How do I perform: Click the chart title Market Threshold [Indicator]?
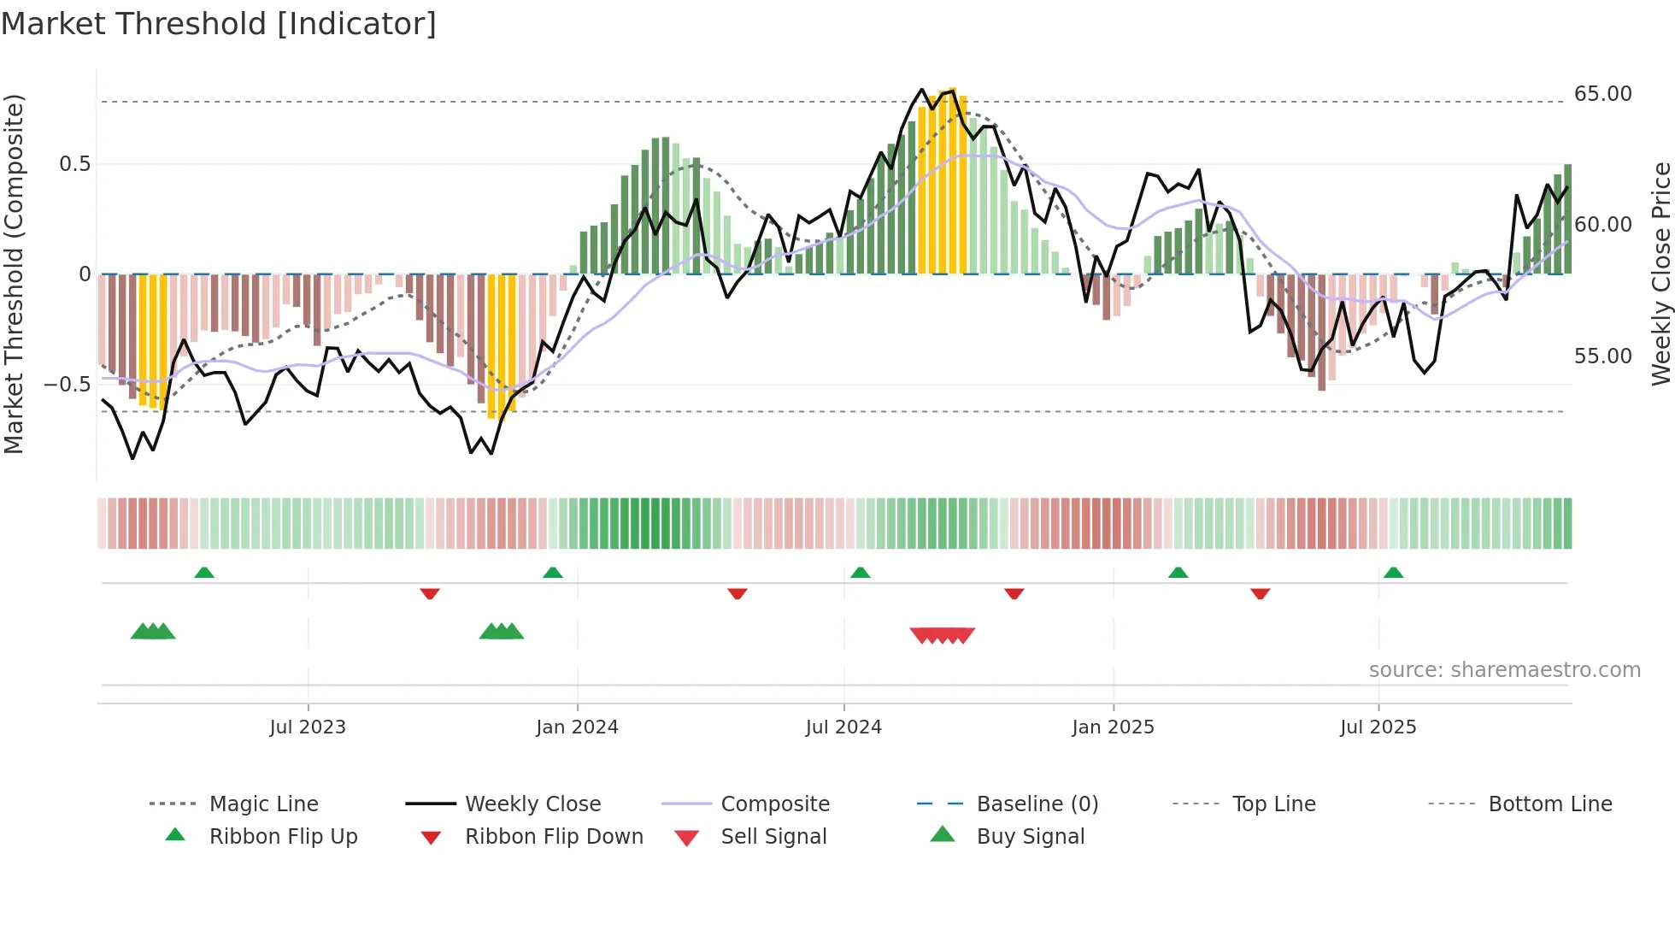pyautogui.click(x=219, y=24)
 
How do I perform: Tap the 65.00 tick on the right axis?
pyautogui.click(x=1602, y=94)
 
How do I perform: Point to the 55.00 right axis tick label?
pyautogui.click(x=1602, y=356)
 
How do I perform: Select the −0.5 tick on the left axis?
pyautogui.click(x=67, y=385)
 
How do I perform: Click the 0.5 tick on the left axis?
pyautogui.click(x=74, y=164)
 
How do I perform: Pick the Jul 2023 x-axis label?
pyautogui.click(x=308, y=727)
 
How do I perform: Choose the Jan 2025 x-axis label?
pyautogui.click(x=1113, y=727)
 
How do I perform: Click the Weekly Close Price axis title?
pyautogui.click(x=1660, y=274)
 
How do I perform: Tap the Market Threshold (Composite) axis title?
pyautogui.click(x=14, y=274)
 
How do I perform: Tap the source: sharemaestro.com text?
pyautogui.click(x=1504, y=670)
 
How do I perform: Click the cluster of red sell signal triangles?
pyautogui.click(x=943, y=635)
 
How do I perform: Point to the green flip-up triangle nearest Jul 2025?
pyautogui.click(x=1393, y=573)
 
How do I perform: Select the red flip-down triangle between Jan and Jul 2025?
pyautogui.click(x=1260, y=593)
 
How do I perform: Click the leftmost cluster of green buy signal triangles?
pyautogui.click(x=153, y=632)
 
